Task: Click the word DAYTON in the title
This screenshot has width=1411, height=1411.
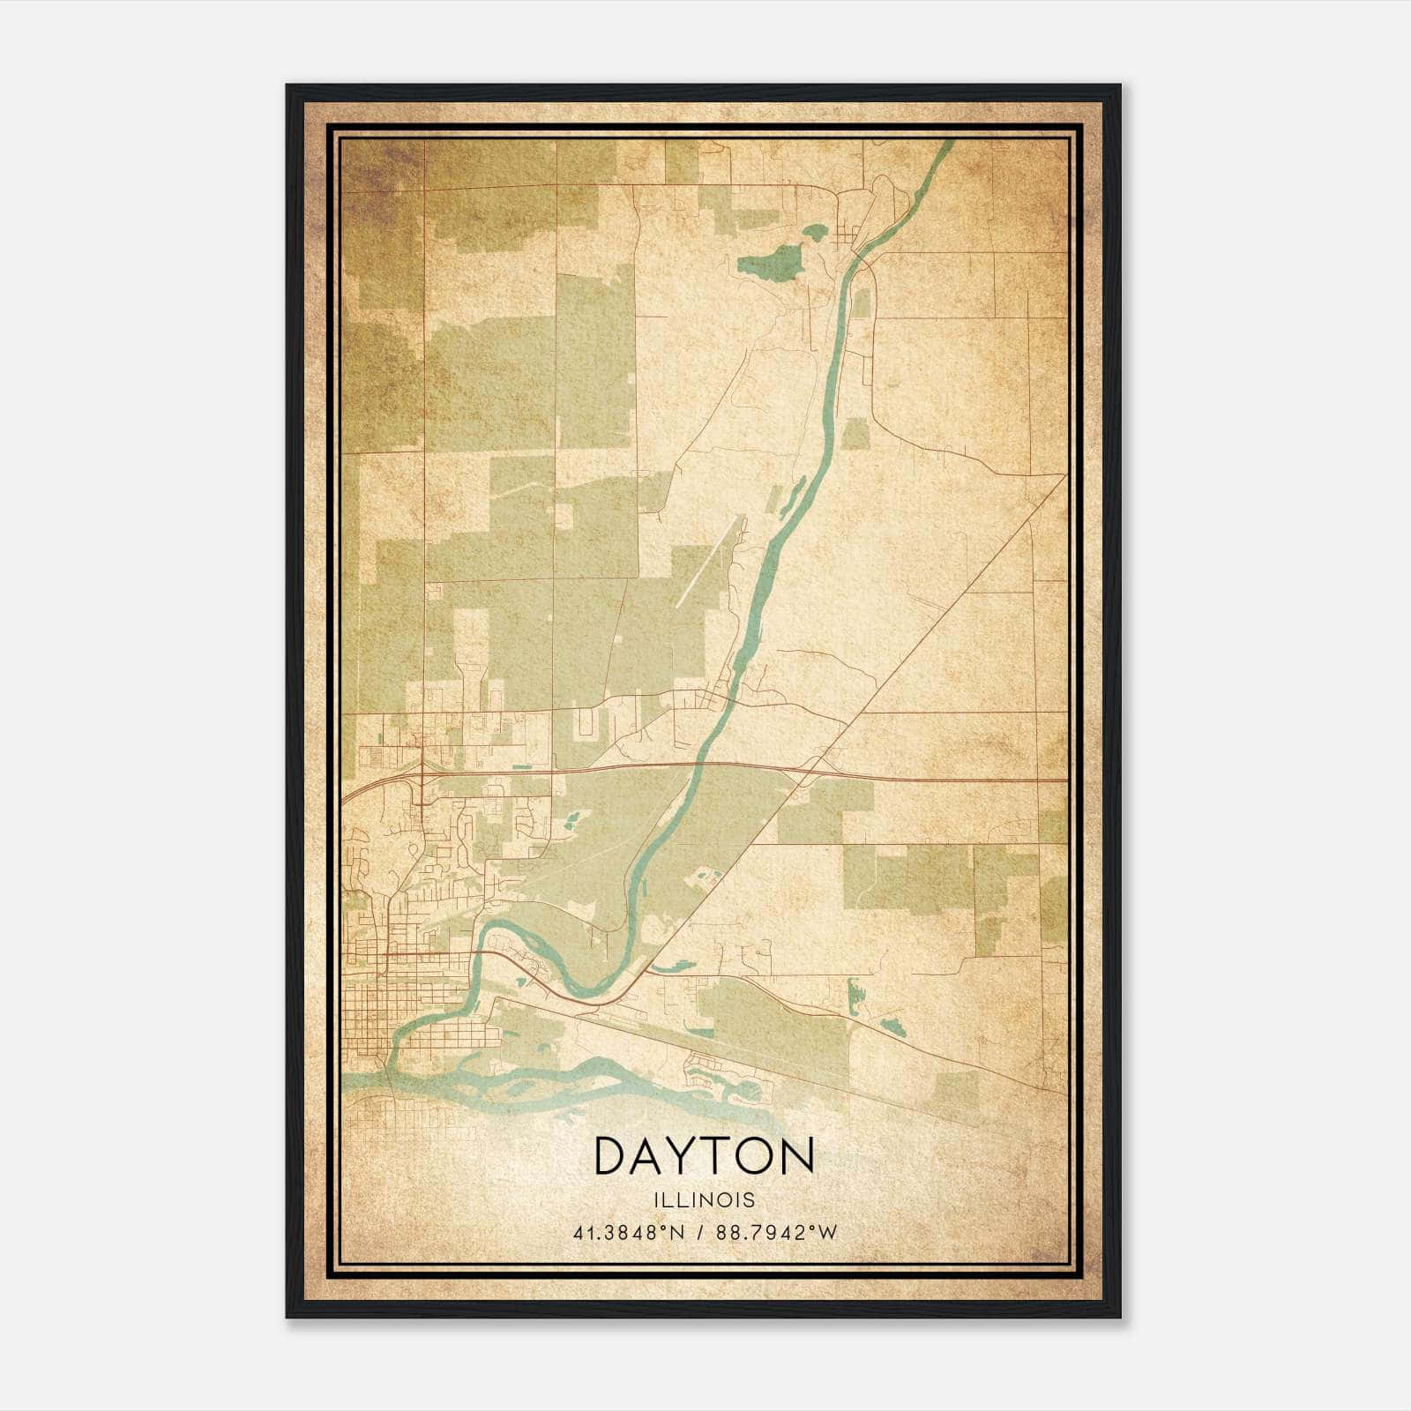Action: (704, 1156)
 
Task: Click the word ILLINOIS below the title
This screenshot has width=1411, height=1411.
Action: (704, 1200)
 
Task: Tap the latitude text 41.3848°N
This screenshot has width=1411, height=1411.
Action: (629, 1233)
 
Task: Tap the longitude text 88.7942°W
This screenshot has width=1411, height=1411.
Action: (775, 1233)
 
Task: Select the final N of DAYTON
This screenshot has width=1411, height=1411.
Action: (795, 1156)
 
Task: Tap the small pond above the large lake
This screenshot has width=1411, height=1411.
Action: (813, 233)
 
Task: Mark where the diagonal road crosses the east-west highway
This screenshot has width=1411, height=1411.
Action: (814, 770)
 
